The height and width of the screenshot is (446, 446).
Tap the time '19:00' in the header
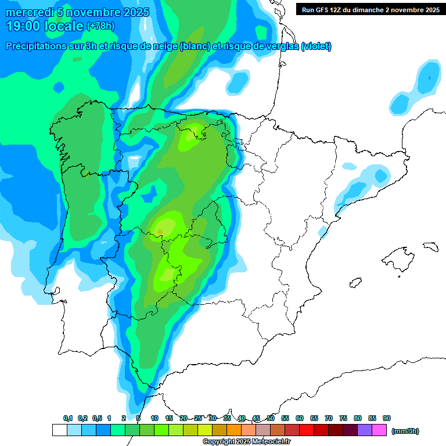(x=24, y=26)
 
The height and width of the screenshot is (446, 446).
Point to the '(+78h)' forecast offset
(x=101, y=26)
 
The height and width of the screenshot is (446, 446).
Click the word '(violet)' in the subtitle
(x=316, y=46)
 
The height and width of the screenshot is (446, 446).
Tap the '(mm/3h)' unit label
(x=405, y=431)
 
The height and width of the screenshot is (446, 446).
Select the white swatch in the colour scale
(x=59, y=430)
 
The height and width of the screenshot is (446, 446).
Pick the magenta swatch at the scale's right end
(x=379, y=430)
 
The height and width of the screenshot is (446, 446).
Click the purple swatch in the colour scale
(x=365, y=430)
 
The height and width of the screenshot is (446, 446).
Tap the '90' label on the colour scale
(x=387, y=418)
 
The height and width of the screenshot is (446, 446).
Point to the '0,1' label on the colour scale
(x=68, y=418)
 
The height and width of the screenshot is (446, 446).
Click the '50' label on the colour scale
(x=271, y=418)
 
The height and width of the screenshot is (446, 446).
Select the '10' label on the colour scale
(x=154, y=418)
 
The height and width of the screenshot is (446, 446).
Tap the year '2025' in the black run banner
(x=430, y=9)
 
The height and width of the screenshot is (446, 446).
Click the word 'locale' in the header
(x=65, y=26)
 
